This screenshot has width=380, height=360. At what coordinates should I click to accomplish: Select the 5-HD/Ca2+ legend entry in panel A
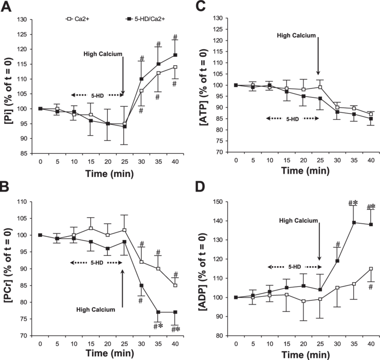click(146, 20)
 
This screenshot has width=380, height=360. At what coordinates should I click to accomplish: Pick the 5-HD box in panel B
click(96, 263)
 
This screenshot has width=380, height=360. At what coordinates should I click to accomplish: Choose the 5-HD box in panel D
click(294, 267)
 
